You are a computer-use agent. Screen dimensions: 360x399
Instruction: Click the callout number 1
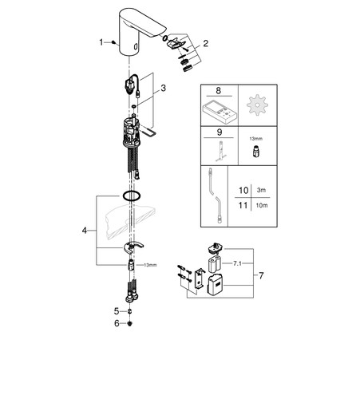101,42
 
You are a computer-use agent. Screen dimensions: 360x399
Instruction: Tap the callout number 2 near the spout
206,43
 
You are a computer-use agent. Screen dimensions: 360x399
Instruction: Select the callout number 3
163,88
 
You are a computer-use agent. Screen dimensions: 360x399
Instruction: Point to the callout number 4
85,231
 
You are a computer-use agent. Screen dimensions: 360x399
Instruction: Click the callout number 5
117,311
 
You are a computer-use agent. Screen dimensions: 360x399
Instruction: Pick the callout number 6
117,323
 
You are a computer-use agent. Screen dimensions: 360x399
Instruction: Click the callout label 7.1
237,263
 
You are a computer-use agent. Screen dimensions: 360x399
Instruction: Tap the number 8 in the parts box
218,90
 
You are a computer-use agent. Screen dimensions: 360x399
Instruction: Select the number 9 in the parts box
220,132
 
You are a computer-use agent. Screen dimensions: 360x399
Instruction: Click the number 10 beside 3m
243,191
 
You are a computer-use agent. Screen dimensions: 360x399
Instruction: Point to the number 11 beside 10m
243,205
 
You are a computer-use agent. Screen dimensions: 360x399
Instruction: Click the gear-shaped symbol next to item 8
257,105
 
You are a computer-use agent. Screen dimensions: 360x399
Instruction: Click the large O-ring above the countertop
132,196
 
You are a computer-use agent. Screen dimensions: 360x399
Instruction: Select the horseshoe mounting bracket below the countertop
133,247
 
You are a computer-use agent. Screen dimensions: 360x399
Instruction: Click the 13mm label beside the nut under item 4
150,265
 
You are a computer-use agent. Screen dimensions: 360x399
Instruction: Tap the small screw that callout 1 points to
114,42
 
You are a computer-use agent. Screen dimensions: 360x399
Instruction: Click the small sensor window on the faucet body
136,46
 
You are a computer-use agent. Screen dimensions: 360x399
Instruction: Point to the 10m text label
262,205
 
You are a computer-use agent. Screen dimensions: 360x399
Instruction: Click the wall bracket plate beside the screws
200,279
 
